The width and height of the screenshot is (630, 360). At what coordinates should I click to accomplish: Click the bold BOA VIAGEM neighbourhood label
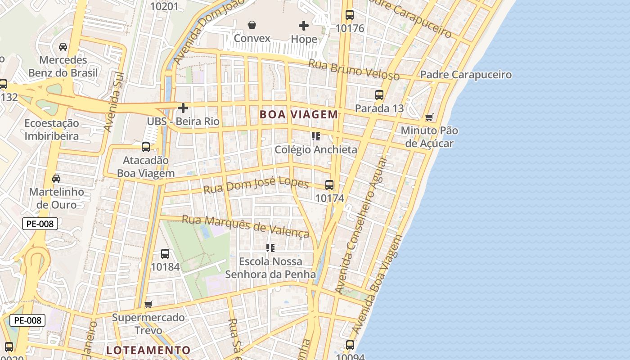(x=299, y=115)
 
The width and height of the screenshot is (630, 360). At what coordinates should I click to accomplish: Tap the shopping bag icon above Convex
(x=252, y=25)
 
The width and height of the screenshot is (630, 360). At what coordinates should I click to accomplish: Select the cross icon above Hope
(x=304, y=26)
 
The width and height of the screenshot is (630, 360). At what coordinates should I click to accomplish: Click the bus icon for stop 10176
(x=350, y=15)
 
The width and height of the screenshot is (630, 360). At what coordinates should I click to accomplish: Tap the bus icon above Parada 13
(x=379, y=95)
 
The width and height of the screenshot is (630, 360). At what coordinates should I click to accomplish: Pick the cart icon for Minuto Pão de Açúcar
(x=429, y=117)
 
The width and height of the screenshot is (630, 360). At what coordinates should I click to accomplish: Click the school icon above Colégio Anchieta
(x=316, y=136)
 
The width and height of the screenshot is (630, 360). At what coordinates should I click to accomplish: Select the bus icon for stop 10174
(x=329, y=185)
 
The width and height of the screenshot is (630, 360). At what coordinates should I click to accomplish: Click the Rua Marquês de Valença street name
(x=246, y=226)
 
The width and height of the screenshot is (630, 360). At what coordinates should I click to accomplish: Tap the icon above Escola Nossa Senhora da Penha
(x=270, y=248)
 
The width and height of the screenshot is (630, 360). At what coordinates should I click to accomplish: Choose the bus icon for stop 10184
(x=165, y=254)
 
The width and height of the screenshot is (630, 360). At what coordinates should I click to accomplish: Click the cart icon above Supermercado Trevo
(x=148, y=304)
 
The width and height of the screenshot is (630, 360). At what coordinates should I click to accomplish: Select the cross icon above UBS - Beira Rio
(x=183, y=108)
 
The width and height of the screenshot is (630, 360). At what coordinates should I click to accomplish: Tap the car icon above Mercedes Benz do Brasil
(x=63, y=47)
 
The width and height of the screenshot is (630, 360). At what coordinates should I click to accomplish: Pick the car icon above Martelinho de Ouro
(x=56, y=179)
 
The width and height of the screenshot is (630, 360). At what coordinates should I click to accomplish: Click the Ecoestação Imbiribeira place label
(x=52, y=130)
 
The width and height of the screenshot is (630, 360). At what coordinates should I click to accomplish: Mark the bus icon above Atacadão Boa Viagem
(x=146, y=147)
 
